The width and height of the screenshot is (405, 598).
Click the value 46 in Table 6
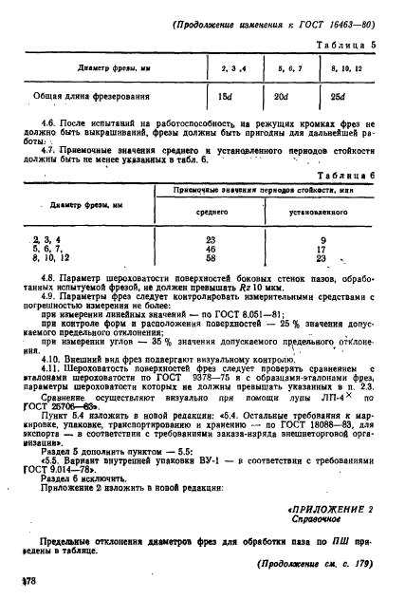pos(212,250)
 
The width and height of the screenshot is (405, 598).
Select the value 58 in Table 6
pos(212,258)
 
